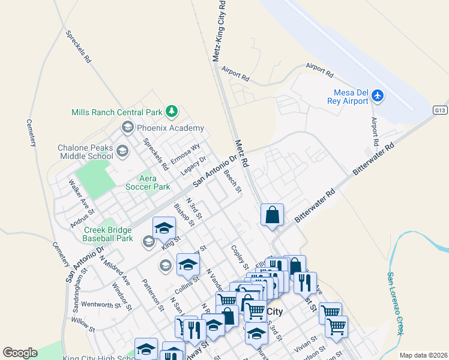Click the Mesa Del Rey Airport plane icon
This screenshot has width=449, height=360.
coord(378,95)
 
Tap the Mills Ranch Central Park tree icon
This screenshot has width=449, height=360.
coord(172,112)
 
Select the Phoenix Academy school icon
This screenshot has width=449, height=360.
coord(127,127)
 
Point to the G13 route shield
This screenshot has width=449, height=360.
coord(441,110)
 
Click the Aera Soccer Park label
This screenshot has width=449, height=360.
coord(148,182)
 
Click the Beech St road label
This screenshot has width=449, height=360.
coord(232,182)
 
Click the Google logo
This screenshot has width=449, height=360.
coord(20,353)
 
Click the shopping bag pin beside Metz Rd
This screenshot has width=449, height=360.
coord(272,215)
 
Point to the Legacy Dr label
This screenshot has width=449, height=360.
coord(193,167)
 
